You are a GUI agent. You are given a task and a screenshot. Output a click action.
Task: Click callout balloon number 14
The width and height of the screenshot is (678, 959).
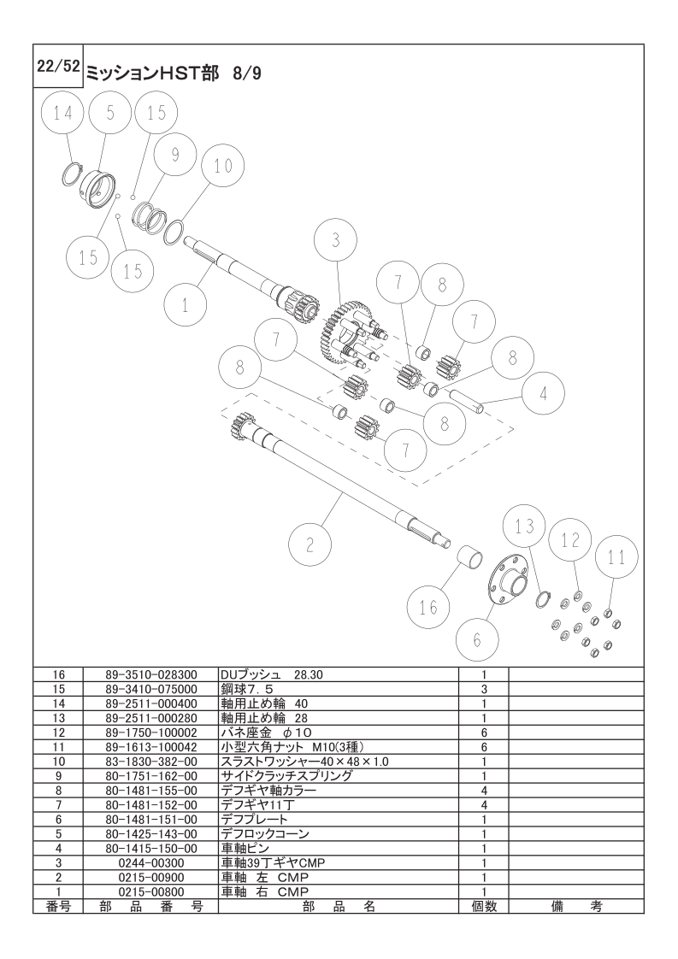[62, 114]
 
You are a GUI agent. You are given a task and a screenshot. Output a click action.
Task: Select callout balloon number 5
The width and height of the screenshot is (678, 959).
[110, 114]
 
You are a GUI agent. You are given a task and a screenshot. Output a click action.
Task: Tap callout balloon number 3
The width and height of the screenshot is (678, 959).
[335, 240]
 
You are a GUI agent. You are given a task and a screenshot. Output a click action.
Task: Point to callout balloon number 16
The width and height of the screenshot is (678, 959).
[429, 607]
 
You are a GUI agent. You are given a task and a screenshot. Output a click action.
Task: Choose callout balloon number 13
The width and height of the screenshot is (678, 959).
[524, 526]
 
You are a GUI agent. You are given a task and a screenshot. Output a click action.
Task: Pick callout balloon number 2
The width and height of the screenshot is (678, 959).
[310, 544]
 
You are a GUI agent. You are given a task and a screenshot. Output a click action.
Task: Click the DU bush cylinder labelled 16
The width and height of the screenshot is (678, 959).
[470, 556]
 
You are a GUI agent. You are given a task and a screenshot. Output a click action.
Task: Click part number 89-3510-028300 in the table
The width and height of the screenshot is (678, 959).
[150, 674]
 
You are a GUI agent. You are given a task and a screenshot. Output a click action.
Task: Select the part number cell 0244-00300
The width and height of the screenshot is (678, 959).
[150, 862]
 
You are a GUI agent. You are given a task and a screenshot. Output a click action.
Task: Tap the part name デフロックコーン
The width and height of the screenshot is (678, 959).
[264, 833]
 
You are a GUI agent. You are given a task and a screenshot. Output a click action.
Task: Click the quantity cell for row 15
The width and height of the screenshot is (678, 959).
[483, 689]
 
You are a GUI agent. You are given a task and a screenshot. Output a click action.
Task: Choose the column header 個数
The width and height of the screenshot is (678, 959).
[483, 906]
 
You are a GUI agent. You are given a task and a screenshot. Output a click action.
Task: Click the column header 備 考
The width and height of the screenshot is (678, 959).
[576, 906]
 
